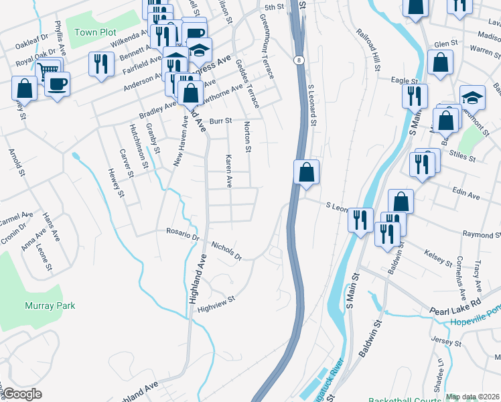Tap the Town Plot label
pyautogui.click(x=95, y=32)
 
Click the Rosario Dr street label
pyautogui.click(x=184, y=234)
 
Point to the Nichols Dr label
pyautogui.click(x=226, y=249)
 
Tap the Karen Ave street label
pyautogui.click(x=228, y=171)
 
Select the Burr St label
pyautogui.click(x=220, y=121)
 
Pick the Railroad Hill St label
pyautogui.click(x=369, y=50)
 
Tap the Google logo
pyautogui.click(x=23, y=394)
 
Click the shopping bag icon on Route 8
pyautogui.click(x=306, y=172)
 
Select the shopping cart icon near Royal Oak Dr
pyautogui.click(x=49, y=68)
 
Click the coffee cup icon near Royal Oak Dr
pyautogui.click(x=57, y=84)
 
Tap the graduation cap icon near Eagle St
pyautogui.click(x=472, y=97)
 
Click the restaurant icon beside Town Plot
pyautogui.click(x=101, y=64)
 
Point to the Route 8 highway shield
pyautogui.click(x=297, y=60)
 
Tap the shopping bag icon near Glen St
pyautogui.click(x=441, y=63)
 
